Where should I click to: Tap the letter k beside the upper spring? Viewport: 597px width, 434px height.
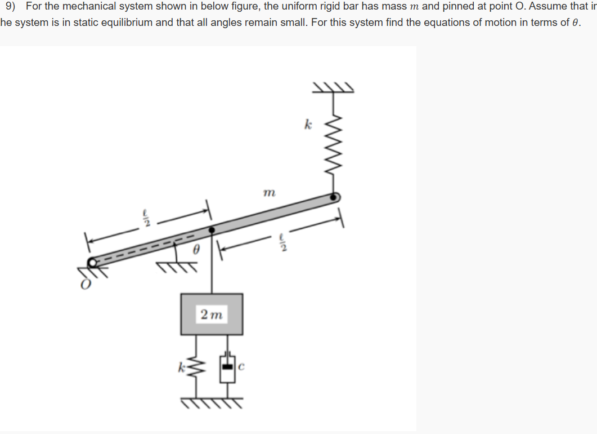308,125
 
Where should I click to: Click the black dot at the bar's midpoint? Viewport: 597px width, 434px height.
212,231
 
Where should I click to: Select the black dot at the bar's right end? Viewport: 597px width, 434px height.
334,197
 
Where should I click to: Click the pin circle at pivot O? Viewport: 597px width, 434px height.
92,262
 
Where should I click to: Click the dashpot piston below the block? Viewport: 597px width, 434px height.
227,366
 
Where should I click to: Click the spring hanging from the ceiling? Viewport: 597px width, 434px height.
334,149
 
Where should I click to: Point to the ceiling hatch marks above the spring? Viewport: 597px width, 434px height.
334,87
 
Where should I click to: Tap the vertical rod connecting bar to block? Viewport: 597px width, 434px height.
212,265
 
